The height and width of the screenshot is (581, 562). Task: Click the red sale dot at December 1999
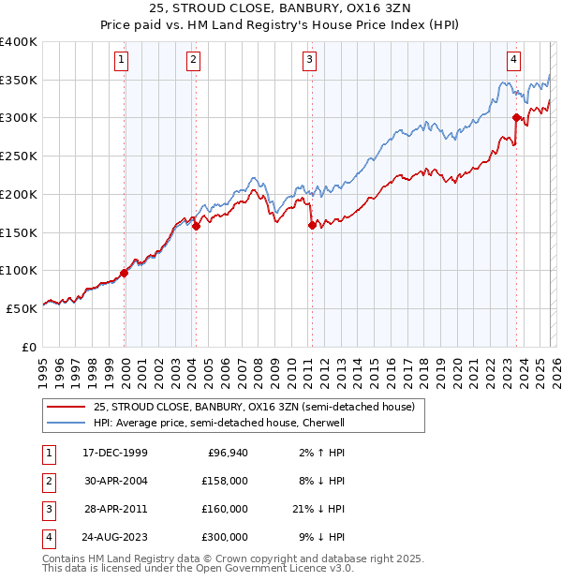tap(125, 274)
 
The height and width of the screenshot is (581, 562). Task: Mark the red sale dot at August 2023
tap(516, 117)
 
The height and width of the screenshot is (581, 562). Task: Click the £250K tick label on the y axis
tap(19, 156)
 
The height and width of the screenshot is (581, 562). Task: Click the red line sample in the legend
tap(66, 407)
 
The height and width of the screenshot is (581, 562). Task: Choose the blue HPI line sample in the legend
tap(66, 423)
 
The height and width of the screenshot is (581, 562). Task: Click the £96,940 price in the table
tap(228, 453)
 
